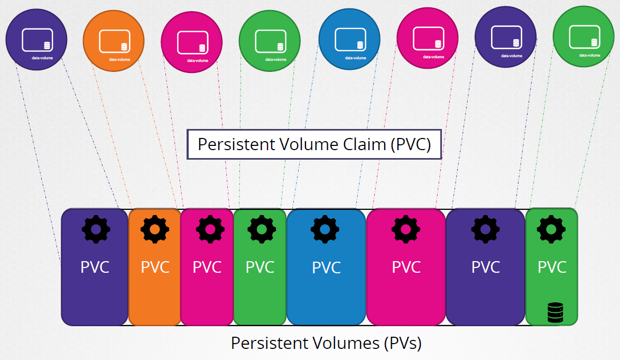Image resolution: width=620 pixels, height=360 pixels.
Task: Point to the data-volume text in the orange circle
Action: pyautogui.click(x=119, y=60)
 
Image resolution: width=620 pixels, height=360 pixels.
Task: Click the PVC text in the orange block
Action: pyautogui.click(x=155, y=267)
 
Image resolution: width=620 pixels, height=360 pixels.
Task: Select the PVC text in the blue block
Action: pyautogui.click(x=326, y=267)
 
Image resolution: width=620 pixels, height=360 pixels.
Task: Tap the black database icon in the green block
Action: pyautogui.click(x=554, y=312)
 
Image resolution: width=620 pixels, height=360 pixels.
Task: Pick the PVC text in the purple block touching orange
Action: pyautogui.click(x=95, y=267)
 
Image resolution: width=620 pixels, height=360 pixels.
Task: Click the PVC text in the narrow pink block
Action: pyautogui.click(x=207, y=267)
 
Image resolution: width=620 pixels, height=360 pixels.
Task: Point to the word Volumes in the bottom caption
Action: pyautogui.click(x=344, y=343)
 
